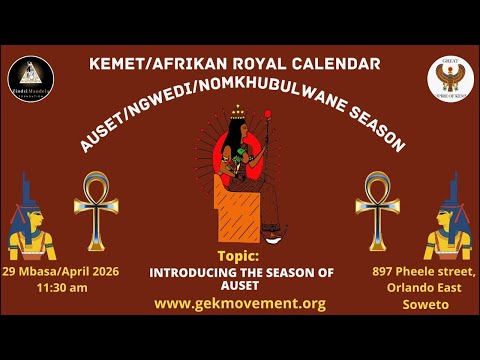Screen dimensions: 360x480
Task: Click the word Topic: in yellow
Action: pyautogui.click(x=238, y=256)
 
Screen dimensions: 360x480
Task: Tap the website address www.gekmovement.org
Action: pyautogui.click(x=240, y=303)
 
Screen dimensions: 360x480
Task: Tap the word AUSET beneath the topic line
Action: pyautogui.click(x=240, y=283)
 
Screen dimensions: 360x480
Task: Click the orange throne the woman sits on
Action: pyautogui.click(x=228, y=210)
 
